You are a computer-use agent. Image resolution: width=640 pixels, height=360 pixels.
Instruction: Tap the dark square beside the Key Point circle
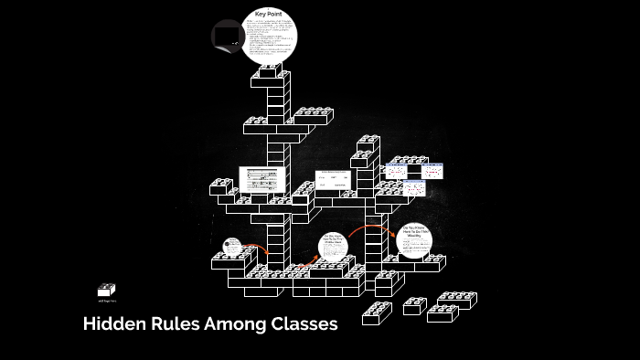click(x=227, y=36)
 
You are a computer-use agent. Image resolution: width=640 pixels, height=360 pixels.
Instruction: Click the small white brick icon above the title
click(x=107, y=290)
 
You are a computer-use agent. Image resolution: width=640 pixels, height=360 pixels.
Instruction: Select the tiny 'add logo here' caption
click(x=106, y=301)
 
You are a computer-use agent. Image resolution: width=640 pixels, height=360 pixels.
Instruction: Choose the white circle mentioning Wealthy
click(x=414, y=241)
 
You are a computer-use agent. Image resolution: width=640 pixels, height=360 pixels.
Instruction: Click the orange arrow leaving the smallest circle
click(x=258, y=249)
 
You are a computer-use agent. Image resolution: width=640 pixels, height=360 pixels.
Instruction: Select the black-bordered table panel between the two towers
click(x=334, y=180)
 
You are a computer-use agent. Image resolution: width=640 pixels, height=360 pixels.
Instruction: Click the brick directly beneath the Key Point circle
click(x=272, y=71)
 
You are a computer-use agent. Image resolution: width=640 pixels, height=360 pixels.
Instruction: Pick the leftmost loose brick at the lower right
click(x=376, y=313)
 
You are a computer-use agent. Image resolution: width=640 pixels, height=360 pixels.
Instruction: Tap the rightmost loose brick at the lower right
click(x=454, y=300)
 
